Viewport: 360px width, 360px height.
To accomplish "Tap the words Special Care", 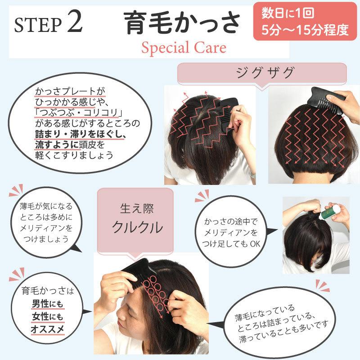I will [x=184, y=48].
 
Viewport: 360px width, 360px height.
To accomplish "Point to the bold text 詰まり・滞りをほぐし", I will [x=79, y=134].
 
